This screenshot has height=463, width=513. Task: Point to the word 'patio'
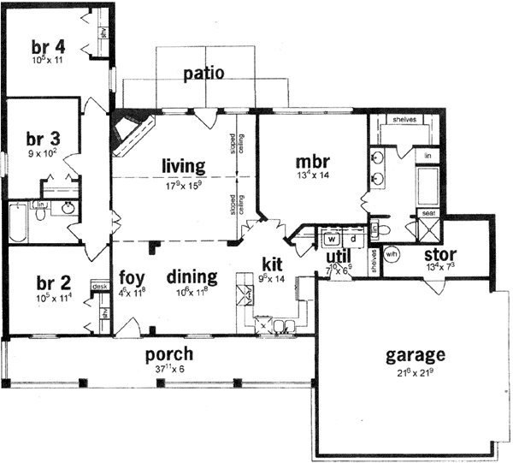204,74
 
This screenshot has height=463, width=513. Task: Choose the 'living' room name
184,164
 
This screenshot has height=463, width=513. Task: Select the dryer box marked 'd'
351,239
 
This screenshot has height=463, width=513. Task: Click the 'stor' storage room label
439,254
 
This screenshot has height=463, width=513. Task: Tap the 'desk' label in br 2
99,288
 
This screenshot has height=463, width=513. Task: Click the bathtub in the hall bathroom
19,222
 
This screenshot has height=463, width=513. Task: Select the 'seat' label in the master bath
427,212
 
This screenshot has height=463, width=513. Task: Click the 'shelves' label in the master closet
404,121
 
